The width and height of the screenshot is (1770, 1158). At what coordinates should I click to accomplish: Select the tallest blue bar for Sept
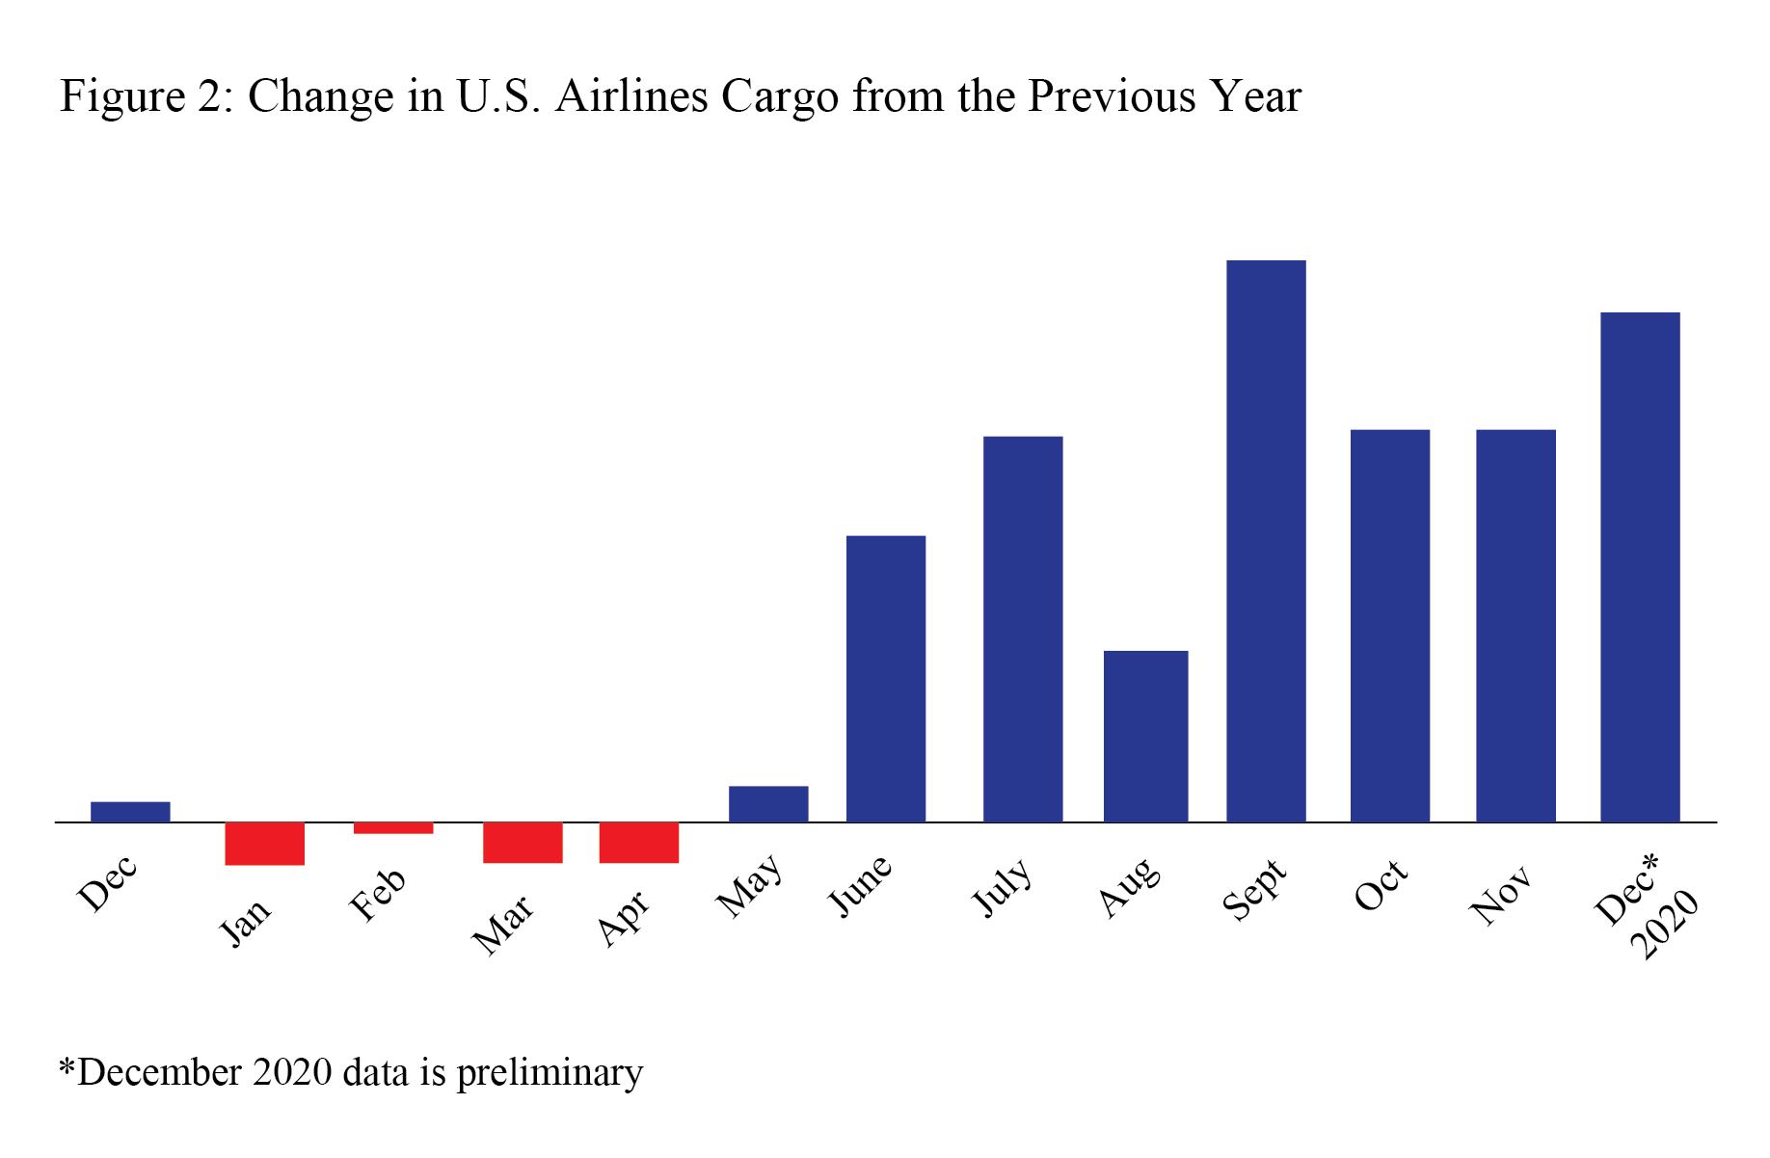pos(1266,541)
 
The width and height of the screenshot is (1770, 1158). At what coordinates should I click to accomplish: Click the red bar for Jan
pos(264,844)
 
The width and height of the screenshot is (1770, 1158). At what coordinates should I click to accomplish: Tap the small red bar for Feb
pos(393,828)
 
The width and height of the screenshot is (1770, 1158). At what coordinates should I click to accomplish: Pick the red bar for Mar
pos(523,843)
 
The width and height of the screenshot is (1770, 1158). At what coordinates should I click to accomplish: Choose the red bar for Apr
pos(638,843)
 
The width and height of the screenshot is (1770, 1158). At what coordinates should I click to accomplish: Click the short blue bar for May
pos(768,804)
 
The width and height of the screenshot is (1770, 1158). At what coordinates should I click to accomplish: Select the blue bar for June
pos(885,679)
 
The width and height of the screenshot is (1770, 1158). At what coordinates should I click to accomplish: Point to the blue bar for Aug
pos(1145,737)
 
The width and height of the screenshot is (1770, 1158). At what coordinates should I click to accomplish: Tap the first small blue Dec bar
pos(130,812)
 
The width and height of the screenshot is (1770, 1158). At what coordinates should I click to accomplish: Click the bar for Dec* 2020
pos(1639,567)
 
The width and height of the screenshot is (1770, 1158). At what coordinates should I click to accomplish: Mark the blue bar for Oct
pos(1389,626)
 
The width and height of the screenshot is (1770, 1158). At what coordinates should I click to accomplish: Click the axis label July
pos(1002,888)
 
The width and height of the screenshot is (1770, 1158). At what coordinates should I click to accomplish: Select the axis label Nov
pos(1500,896)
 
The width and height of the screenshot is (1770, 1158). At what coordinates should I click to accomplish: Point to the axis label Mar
pos(503,925)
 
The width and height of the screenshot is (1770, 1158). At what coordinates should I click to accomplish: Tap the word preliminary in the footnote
pos(549,1073)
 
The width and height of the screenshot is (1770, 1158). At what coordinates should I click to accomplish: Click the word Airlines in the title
pos(630,97)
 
